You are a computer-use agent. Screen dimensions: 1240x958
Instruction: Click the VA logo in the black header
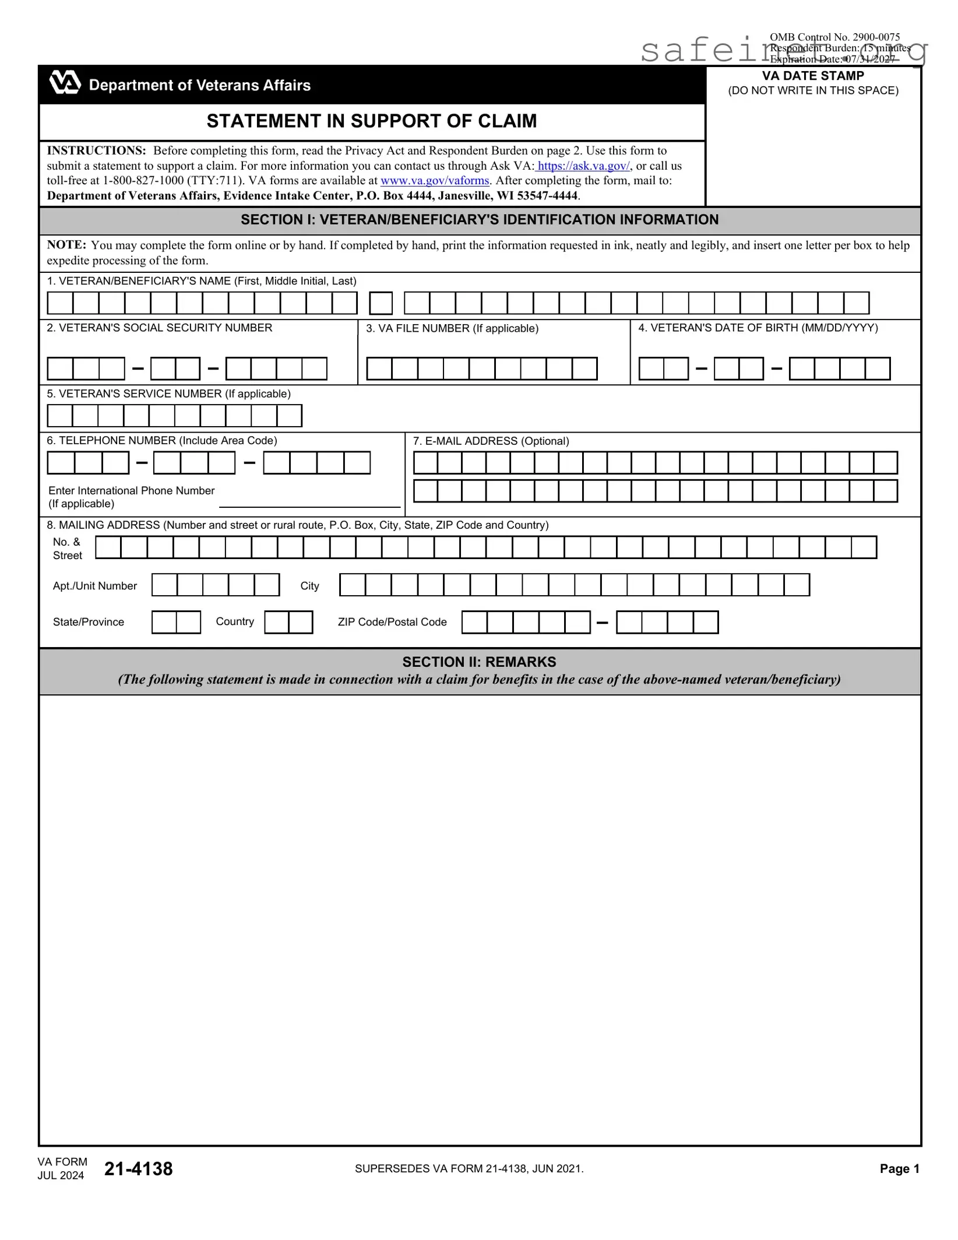tap(65, 83)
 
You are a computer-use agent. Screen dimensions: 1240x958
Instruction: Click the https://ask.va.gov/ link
tap(583, 166)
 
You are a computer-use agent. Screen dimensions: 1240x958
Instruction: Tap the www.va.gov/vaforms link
tap(435, 181)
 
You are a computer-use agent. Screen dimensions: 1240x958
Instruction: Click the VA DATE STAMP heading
tap(813, 76)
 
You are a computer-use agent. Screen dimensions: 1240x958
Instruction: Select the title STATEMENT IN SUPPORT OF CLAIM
tap(372, 121)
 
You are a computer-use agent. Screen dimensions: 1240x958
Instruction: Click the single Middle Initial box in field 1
tap(381, 304)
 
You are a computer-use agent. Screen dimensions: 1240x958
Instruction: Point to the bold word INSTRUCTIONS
tap(96, 151)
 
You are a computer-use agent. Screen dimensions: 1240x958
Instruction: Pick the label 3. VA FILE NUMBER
tap(452, 329)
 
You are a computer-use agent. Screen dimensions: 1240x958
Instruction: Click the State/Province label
tap(89, 622)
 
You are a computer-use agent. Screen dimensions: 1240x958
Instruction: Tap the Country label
tap(235, 621)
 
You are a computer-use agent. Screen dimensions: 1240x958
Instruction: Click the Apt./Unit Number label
tap(95, 586)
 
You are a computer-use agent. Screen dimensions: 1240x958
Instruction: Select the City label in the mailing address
tap(309, 586)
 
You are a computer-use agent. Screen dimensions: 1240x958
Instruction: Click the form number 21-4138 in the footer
tap(139, 1169)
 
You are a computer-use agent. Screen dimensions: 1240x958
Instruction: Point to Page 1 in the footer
tap(899, 1169)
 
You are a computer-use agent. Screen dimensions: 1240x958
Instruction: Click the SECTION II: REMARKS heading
tap(479, 662)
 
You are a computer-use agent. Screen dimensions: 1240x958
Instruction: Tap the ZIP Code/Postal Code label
tap(392, 622)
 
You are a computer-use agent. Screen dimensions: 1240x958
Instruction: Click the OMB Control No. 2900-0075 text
tap(834, 38)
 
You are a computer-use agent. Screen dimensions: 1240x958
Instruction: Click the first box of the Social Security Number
tap(60, 369)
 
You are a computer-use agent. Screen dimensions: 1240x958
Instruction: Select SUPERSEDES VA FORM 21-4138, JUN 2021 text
tap(469, 1169)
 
